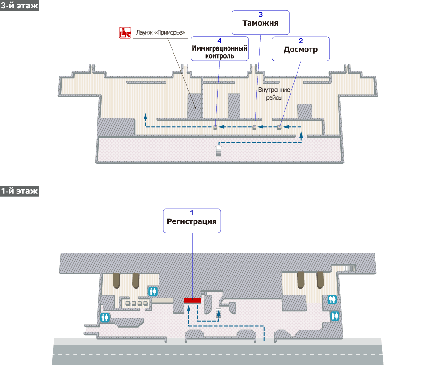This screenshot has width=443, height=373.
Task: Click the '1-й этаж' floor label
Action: coord(20,191)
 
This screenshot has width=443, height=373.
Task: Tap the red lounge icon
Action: coord(125,33)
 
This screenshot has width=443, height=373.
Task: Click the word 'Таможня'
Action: coord(261,23)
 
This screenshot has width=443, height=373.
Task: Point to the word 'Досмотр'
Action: coord(301,49)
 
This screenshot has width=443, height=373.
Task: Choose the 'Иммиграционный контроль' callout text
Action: coord(219,52)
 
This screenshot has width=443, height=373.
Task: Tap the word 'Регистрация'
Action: coord(192,221)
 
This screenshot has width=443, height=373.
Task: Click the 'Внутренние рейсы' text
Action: coord(274,94)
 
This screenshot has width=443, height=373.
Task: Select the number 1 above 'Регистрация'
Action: coord(192,213)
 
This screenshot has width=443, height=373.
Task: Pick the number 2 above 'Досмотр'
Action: coord(301,41)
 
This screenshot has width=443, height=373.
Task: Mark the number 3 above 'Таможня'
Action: coord(261,14)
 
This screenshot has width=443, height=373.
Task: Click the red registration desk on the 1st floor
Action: coord(192,300)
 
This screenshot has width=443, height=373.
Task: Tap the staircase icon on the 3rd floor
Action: coord(218,151)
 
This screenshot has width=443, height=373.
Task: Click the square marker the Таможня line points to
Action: coord(254,127)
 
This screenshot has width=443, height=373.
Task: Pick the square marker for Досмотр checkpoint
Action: coord(279,127)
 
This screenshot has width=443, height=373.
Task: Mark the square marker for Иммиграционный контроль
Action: coord(215,127)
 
